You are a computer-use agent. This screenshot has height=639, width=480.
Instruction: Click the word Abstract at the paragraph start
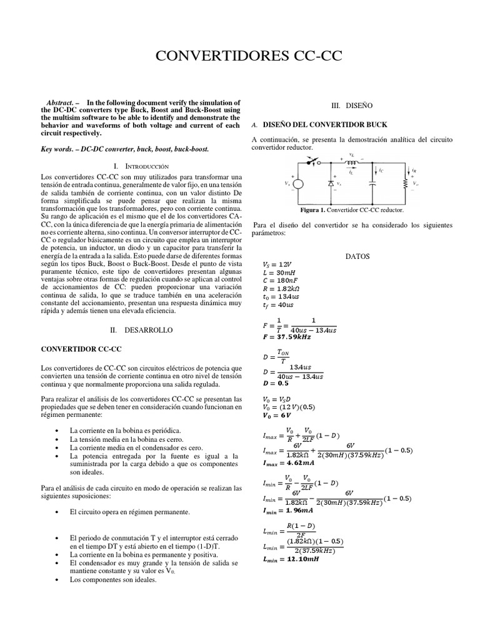coord(61,102)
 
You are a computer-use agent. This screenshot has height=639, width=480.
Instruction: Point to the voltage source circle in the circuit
coord(298,184)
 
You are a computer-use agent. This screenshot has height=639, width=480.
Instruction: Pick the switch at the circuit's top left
coord(311,163)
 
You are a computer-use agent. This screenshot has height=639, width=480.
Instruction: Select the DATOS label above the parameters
coord(357,256)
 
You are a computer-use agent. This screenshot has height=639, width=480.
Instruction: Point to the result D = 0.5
coord(272,384)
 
